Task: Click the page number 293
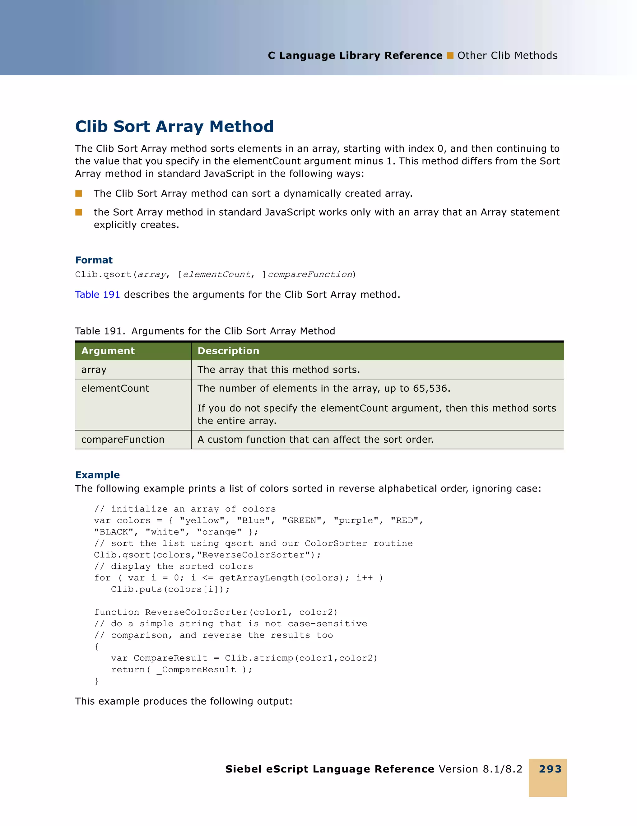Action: [550, 769]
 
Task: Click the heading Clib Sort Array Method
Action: [174, 126]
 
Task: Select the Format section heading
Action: [94, 260]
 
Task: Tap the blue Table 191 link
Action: [97, 294]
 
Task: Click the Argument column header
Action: [108, 351]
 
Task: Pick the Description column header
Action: [228, 351]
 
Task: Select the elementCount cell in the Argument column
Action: [115, 388]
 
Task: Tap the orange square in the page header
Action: [450, 56]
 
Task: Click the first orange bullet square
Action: [79, 193]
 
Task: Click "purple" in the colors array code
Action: [356, 520]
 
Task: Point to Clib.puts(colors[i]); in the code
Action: [170, 589]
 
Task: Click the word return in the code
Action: [128, 670]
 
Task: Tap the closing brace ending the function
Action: [96, 681]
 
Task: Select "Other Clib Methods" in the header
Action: [507, 56]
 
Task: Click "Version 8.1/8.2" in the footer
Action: [480, 769]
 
